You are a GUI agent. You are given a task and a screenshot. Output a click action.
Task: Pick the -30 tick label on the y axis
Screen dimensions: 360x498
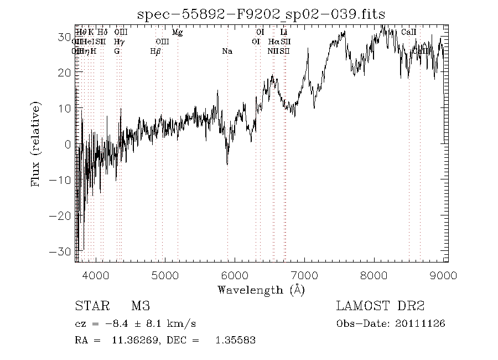coord(61,251)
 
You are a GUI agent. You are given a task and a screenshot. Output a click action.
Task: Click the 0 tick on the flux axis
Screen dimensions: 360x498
coord(68,145)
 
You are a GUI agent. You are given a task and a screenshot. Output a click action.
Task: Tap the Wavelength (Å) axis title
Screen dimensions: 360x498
coord(261,290)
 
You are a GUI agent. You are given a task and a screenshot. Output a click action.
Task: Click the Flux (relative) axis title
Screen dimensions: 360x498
coord(37,144)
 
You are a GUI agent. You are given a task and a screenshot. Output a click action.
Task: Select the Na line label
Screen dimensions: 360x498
coord(227,52)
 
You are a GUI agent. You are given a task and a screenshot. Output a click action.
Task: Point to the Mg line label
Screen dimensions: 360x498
coord(177,33)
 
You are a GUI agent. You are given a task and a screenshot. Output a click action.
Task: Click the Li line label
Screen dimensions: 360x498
coord(284,33)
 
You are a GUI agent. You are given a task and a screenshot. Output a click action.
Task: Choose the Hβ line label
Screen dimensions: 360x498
coord(155,52)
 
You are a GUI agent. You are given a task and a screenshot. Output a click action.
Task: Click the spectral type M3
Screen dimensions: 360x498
coord(141,306)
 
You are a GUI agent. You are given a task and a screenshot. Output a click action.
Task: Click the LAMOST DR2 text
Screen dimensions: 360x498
coord(380,306)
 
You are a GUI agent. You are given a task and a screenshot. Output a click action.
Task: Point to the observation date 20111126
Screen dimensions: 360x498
coord(420,323)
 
